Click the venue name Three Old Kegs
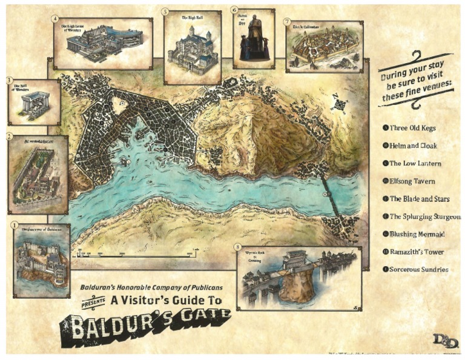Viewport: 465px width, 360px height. click(x=412, y=128)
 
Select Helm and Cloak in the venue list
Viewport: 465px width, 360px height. click(x=413, y=145)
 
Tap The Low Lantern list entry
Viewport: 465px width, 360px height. click(x=415, y=163)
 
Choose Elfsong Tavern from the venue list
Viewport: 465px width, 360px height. click(x=413, y=181)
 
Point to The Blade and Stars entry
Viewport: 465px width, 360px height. click(x=417, y=198)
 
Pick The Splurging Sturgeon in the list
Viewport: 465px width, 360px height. click(x=424, y=216)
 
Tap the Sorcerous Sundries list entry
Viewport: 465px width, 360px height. click(x=419, y=269)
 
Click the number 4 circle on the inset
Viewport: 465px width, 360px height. click(x=55, y=19)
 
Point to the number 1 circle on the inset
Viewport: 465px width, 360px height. click(x=14, y=225)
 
